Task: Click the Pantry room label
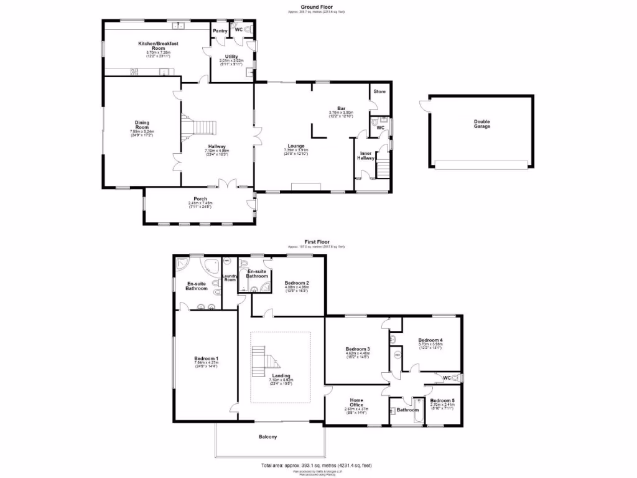[220, 30]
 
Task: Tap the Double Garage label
[481, 124]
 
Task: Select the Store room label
[379, 91]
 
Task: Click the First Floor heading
[317, 241]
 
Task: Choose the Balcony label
[268, 437]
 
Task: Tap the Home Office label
[356, 403]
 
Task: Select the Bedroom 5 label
[442, 400]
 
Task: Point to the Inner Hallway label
[366, 156]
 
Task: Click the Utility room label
[231, 57]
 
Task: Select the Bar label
[341, 108]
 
